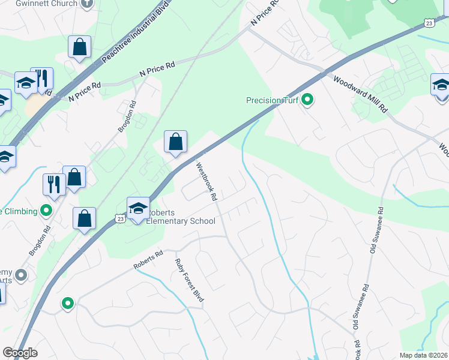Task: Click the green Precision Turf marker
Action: point(308,100)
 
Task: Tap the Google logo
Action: point(19,353)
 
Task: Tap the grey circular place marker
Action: point(22,275)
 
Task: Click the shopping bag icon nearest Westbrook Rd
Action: point(175,142)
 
